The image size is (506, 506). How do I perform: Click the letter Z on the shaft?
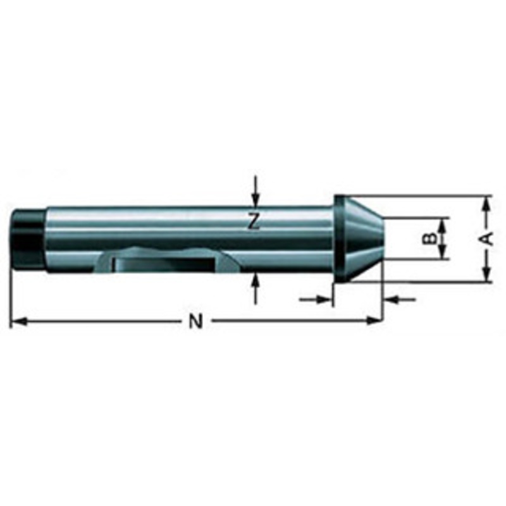(254, 221)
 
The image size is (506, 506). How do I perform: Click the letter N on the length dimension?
(196, 322)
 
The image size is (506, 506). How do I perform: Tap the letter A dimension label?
(486, 238)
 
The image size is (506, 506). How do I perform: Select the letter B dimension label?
(429, 238)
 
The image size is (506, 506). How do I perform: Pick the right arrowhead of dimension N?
(376, 322)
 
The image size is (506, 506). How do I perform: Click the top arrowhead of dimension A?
(486, 203)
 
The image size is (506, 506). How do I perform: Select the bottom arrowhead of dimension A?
(486, 275)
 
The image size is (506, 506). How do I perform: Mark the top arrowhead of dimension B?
(444, 223)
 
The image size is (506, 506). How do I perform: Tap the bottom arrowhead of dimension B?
(444, 254)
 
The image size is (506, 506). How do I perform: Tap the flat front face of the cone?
(381, 238)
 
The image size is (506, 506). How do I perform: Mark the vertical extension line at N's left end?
(11, 297)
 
